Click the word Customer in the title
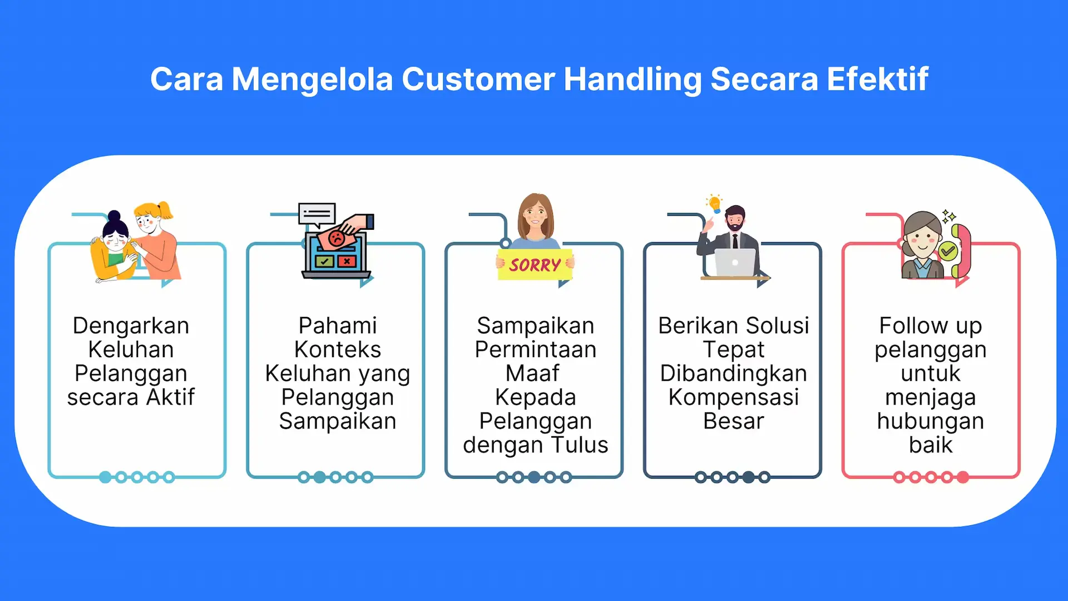tap(478, 79)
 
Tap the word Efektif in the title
tap(877, 79)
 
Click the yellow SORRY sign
tap(535, 265)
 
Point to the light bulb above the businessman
tap(715, 204)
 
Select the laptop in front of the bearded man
tap(735, 263)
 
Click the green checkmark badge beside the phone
tap(948, 252)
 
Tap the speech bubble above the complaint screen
tap(317, 215)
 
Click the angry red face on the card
tap(337, 239)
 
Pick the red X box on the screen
tap(347, 260)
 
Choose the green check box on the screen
tap(324, 260)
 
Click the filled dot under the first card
tap(105, 477)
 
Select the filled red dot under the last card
tap(963, 477)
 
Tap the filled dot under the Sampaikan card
tap(534, 477)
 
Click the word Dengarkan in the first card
tap(131, 326)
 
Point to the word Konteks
tap(338, 349)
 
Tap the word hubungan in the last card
tap(931, 421)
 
